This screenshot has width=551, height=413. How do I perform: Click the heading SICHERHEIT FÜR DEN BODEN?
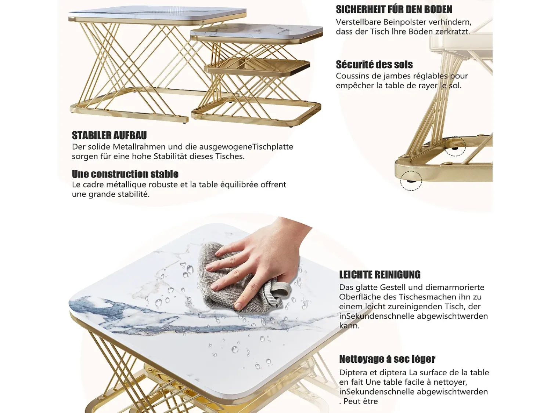(394, 10)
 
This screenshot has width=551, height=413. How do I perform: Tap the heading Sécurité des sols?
(374, 65)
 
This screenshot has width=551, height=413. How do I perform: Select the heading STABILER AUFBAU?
(109, 135)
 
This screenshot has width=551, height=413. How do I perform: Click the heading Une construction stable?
(125, 174)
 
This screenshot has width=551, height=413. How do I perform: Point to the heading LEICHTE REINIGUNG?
(380, 275)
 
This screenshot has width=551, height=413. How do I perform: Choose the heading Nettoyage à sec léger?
(387, 359)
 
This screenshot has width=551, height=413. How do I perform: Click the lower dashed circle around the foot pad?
(411, 181)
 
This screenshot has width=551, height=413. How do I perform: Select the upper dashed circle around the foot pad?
(455, 146)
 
